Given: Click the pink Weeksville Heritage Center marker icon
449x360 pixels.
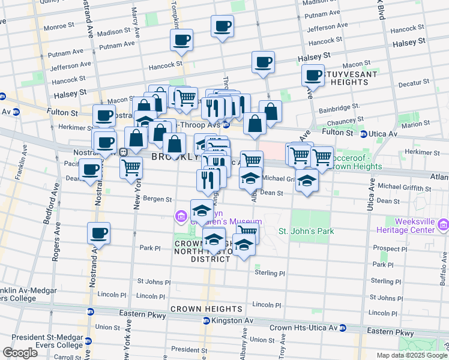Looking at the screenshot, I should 443,226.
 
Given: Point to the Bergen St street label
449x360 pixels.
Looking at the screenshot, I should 157,199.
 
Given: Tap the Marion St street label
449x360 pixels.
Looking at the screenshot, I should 414,125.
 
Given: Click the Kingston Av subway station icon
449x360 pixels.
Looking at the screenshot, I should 205,321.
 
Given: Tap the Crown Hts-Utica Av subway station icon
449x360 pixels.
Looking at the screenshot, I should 343,328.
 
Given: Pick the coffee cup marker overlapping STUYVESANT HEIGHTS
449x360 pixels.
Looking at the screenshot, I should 313,76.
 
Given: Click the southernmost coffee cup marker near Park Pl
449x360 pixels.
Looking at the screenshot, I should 98,233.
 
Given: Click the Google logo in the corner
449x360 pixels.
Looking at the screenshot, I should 20,353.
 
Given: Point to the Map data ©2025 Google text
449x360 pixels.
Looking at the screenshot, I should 411,355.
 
